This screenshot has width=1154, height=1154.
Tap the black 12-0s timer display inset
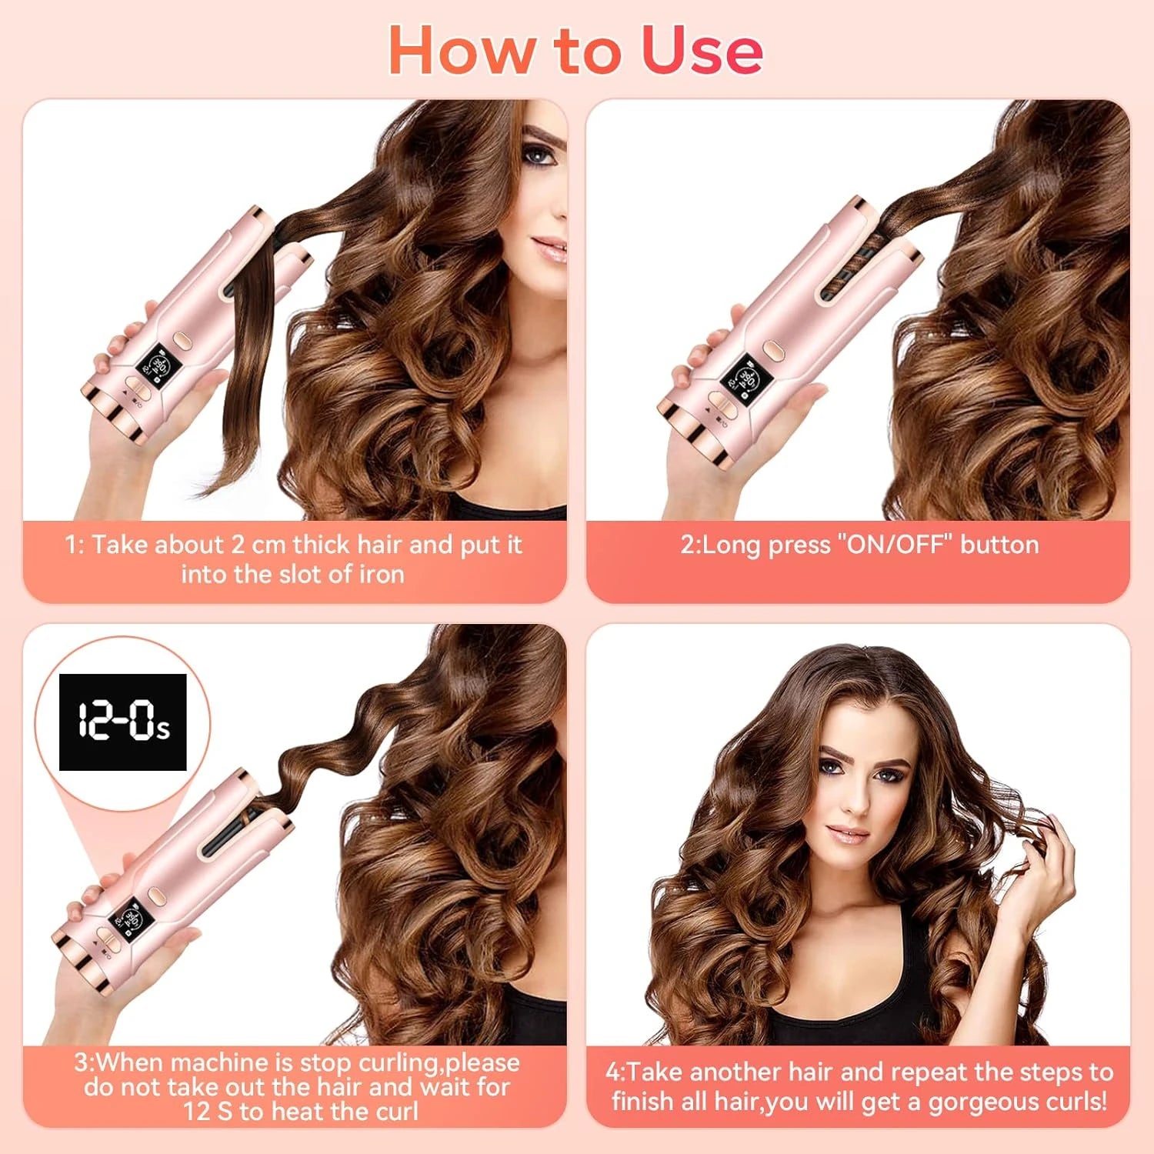pos(123,722)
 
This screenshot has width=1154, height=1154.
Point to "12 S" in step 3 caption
pos(208,1111)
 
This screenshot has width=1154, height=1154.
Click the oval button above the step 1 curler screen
pos(182,339)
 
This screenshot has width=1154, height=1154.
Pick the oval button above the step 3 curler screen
pos(157,896)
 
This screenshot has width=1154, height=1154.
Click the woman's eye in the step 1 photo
pos(536,156)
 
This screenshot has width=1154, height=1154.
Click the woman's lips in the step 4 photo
pos(846,834)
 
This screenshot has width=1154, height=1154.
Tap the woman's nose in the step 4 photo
pos(850,800)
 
